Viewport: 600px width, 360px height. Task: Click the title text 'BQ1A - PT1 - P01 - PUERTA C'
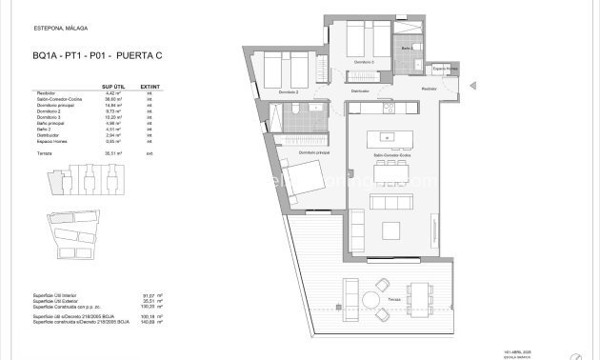[87, 56]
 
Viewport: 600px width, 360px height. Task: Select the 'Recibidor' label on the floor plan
[430, 87]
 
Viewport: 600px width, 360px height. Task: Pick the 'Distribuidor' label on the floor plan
[360, 90]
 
